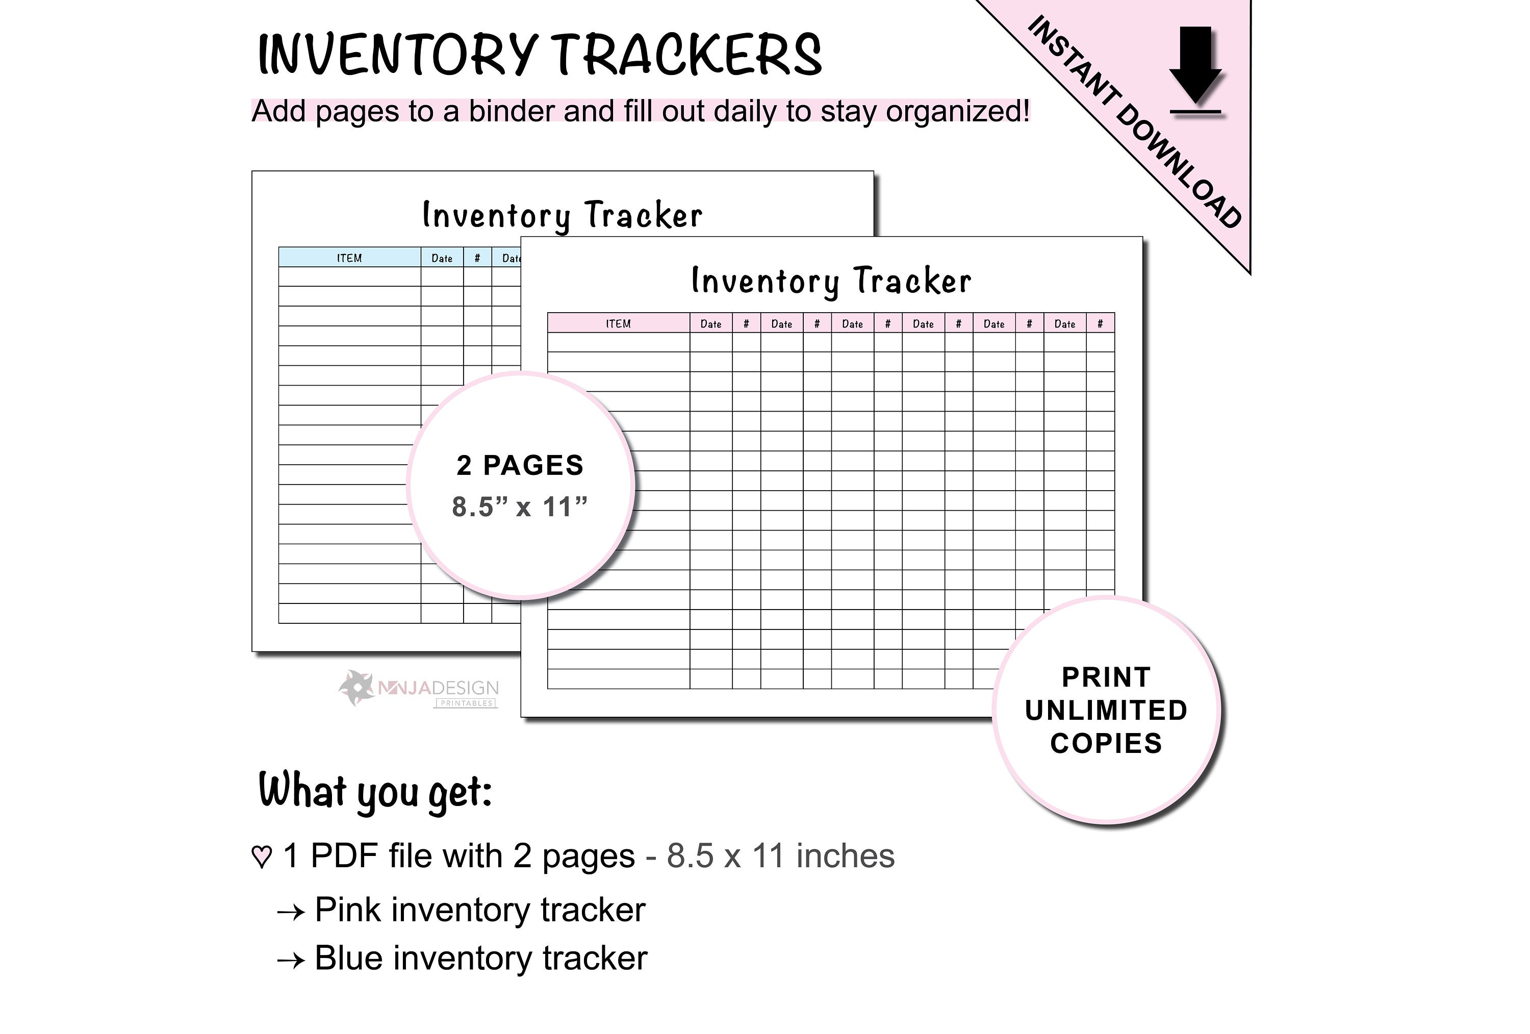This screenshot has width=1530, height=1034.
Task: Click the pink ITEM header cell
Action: [618, 323]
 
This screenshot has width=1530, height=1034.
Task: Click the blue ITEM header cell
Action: [349, 258]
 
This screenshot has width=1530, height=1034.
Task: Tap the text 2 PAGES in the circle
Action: [520, 466]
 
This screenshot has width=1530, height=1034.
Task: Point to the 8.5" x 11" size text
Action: [520, 507]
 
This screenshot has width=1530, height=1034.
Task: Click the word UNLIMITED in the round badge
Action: [1106, 711]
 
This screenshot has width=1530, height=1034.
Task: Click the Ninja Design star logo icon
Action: [356, 688]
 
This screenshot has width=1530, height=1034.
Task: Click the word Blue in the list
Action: [348, 959]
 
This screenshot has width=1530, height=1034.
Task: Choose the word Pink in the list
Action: [348, 910]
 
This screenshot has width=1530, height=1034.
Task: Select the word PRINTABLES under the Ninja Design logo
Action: [466, 703]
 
